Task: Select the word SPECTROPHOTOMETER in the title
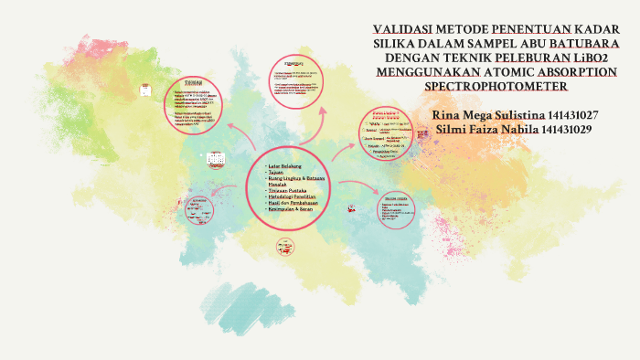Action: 496,86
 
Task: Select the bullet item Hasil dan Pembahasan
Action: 292,204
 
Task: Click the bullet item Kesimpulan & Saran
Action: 288,211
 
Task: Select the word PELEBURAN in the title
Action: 545,58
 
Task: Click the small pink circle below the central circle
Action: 284,246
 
